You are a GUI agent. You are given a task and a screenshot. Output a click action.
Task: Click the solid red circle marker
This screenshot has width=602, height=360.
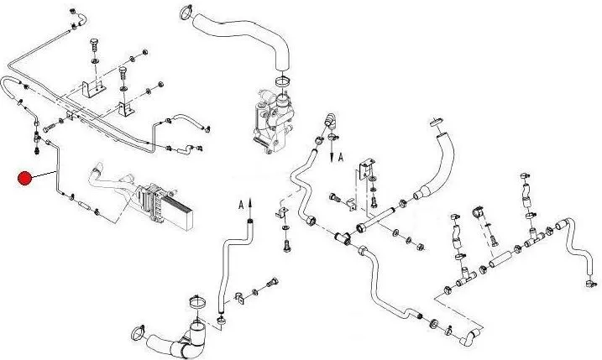25,178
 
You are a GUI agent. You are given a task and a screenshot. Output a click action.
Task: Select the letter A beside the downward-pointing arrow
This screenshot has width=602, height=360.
343,156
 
